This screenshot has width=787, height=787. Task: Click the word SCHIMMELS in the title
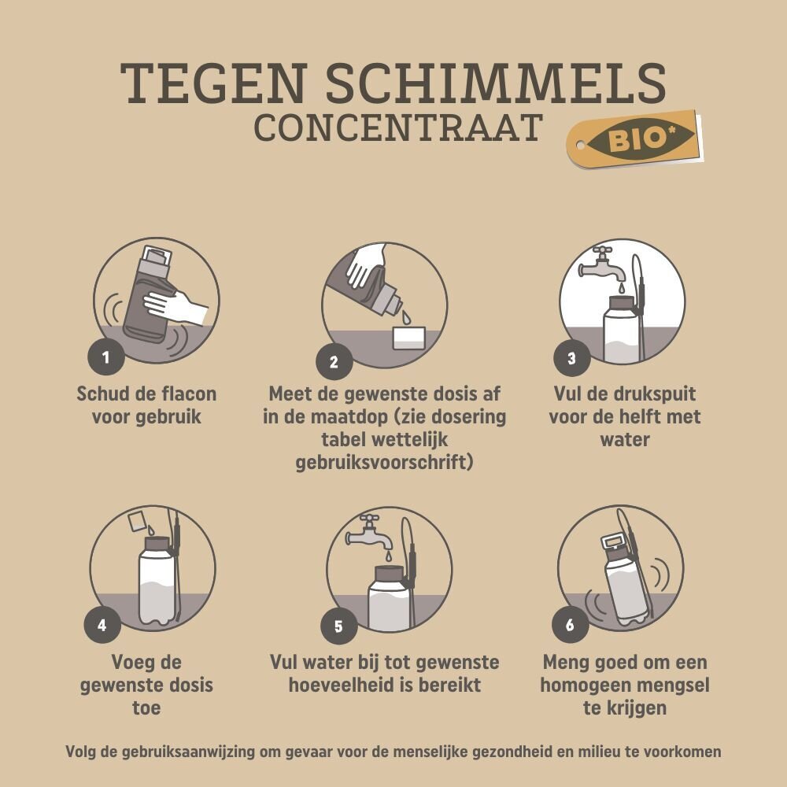[x=496, y=83]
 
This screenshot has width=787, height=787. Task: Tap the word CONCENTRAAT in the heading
[x=398, y=127]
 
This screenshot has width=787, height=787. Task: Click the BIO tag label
[x=634, y=139]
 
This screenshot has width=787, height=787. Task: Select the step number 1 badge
[x=106, y=357]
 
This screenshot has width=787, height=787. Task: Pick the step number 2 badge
[x=334, y=362]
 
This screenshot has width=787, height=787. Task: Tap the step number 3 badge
[x=571, y=358]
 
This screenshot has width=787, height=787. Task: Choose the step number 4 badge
[x=102, y=625]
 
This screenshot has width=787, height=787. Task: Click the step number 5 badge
[x=338, y=626]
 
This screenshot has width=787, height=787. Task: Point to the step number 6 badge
[x=570, y=625]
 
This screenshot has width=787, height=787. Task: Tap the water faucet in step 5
[x=369, y=533]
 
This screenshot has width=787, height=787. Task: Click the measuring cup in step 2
[x=409, y=338]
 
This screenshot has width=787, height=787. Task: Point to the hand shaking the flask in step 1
[x=176, y=305]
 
